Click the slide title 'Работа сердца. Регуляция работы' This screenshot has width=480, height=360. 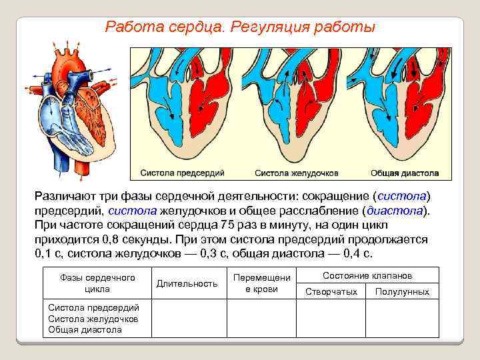pos(240,28)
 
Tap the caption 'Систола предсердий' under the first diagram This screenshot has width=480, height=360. pos(182,173)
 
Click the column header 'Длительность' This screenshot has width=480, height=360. pos(187,283)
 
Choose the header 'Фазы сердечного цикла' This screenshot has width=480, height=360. pos(97,283)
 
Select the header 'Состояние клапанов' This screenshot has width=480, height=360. pos(367,275)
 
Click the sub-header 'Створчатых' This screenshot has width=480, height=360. pos(331,292)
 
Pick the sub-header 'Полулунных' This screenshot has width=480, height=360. pos(402,292)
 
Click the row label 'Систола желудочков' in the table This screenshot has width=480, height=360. pos(93,319)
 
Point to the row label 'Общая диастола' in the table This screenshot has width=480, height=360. pos(85,329)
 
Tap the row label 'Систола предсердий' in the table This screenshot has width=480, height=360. pos(94,307)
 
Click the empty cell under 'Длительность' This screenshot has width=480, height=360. pos(187,319)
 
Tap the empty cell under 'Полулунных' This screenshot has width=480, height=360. pos(402,319)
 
